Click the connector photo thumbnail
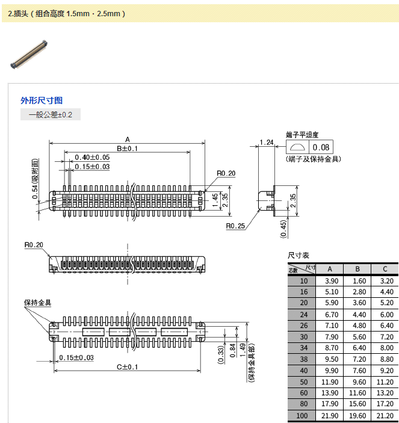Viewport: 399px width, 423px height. [28, 54]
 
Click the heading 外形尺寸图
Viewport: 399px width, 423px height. [42, 100]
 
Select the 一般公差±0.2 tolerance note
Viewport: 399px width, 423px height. [50, 114]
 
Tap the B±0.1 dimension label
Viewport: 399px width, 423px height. [127, 149]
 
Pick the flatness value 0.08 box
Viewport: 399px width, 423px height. [321, 147]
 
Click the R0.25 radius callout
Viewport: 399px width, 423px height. [236, 226]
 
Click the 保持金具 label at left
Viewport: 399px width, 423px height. [38, 303]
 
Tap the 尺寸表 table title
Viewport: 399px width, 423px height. [299, 256]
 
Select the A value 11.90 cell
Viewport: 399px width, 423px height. [332, 382]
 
